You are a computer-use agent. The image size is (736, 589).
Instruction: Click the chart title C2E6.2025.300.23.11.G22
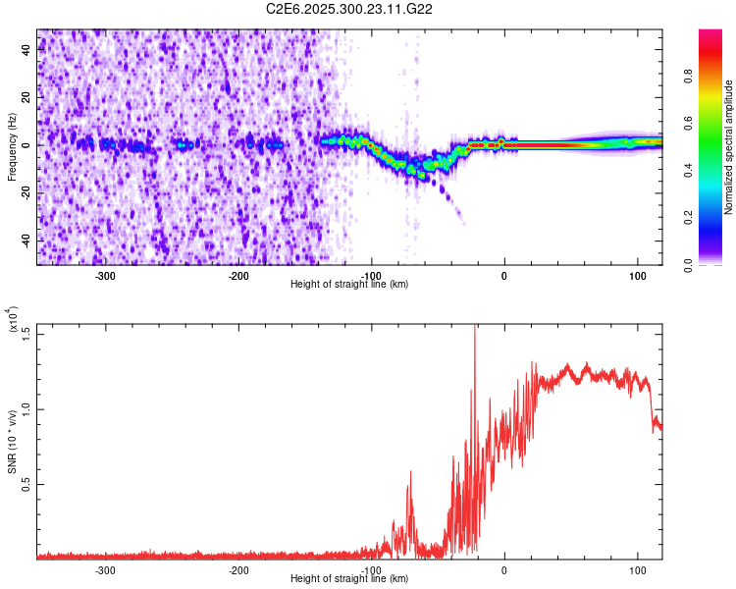click(x=350, y=9)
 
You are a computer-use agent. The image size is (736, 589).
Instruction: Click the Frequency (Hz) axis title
click(x=12, y=146)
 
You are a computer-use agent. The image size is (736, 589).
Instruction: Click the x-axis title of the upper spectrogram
click(x=349, y=285)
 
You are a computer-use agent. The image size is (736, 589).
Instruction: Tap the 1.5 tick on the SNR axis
click(x=25, y=333)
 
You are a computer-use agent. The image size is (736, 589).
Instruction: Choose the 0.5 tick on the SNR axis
click(x=25, y=484)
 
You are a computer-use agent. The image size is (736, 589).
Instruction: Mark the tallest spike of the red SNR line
click(x=476, y=327)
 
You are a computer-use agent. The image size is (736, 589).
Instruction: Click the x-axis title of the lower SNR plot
click(x=349, y=579)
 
